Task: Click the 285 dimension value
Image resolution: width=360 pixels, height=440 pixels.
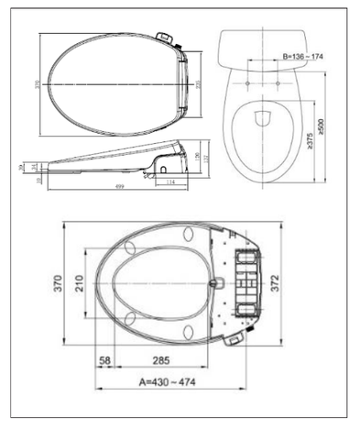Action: (x=163, y=358)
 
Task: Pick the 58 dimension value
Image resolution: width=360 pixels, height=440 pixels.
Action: (x=106, y=358)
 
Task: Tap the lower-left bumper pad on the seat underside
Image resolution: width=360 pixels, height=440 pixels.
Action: (x=130, y=320)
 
